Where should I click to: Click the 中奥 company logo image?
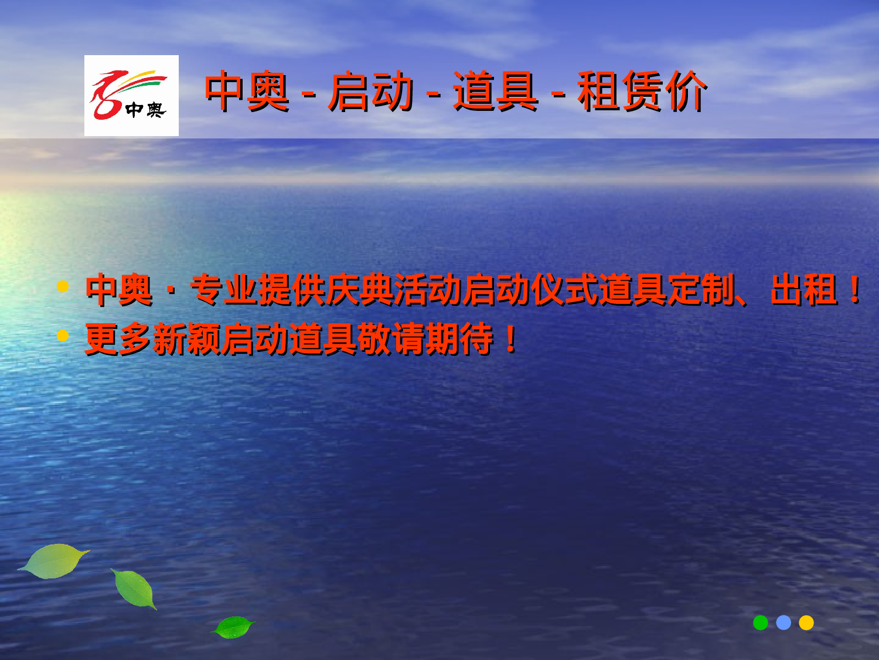[131, 96]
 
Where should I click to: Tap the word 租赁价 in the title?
[642, 91]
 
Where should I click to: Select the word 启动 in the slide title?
[370, 91]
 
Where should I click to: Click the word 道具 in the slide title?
[495, 91]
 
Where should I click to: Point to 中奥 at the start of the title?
[247, 91]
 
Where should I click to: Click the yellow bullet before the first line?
[63, 287]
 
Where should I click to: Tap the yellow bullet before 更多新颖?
[63, 336]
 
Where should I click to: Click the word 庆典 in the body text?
[359, 289]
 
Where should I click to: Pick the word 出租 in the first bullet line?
[804, 289]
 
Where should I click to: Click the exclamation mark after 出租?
[855, 289]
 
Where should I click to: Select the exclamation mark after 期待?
[510, 339]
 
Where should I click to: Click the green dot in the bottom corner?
[761, 622]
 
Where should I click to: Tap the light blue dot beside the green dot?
[783, 622]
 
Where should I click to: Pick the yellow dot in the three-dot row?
[806, 622]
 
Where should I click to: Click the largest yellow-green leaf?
[54, 561]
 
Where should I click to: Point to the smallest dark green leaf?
[233, 627]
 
